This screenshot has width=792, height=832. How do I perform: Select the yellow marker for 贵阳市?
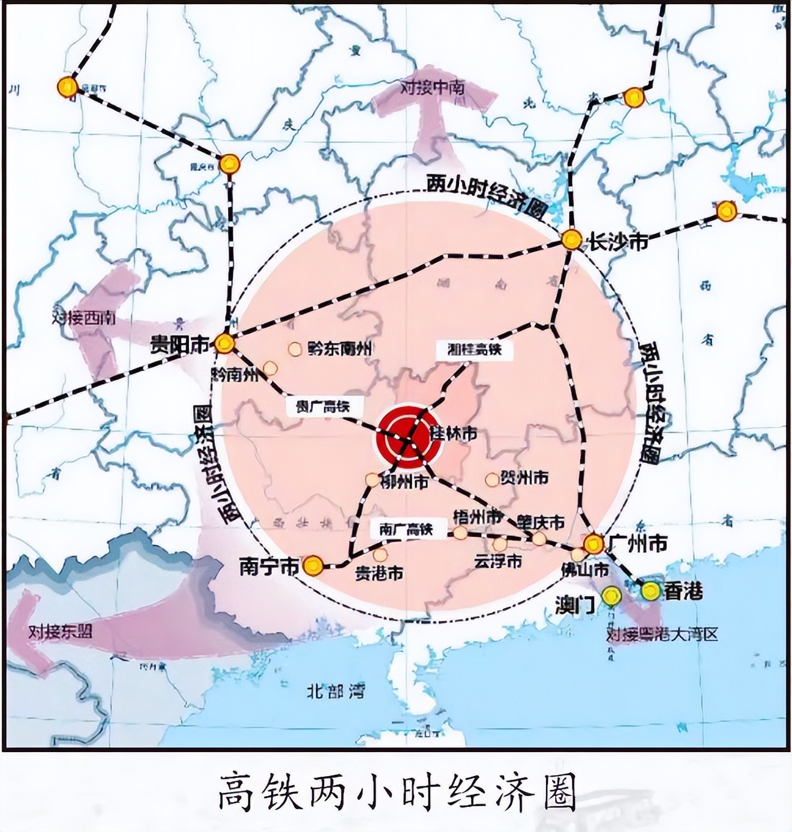point(225,343)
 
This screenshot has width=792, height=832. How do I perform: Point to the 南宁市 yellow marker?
point(313,565)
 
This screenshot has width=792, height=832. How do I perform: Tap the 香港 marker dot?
point(650,591)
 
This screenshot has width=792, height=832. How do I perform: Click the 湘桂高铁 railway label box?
point(474,349)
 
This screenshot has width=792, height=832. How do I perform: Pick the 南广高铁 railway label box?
point(407,529)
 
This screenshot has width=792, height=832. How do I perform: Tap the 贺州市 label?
point(526,478)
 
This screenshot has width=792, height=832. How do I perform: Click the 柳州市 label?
point(404,481)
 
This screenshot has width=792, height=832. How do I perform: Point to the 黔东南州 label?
point(340,348)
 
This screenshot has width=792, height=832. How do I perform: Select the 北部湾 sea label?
point(335,692)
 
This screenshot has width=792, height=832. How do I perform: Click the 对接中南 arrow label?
point(432,88)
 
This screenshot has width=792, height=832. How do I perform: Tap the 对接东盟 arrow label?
point(61,632)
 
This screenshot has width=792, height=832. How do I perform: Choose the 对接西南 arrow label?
point(85,318)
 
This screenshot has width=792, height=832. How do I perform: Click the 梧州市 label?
point(478,516)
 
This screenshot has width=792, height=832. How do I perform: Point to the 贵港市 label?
point(379,573)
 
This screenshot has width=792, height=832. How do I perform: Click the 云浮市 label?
point(498,561)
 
